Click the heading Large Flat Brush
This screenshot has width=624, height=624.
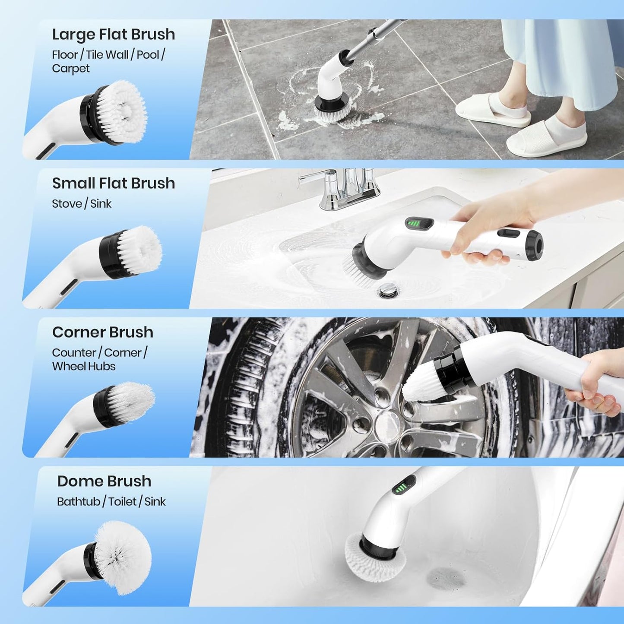(x=113, y=35)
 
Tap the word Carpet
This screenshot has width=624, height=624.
(x=71, y=69)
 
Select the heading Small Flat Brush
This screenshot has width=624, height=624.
(x=113, y=183)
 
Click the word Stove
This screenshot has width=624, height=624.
(x=67, y=204)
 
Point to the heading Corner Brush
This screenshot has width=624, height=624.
(x=102, y=332)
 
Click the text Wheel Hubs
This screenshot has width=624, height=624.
(x=84, y=366)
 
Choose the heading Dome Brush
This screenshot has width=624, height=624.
(x=104, y=481)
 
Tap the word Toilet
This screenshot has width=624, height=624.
(x=122, y=501)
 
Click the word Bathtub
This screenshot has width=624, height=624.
(x=79, y=501)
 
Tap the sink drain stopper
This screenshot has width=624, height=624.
(x=387, y=291)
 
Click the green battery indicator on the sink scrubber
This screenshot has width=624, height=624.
(x=414, y=224)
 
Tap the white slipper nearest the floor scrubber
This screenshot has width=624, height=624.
(x=492, y=110)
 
